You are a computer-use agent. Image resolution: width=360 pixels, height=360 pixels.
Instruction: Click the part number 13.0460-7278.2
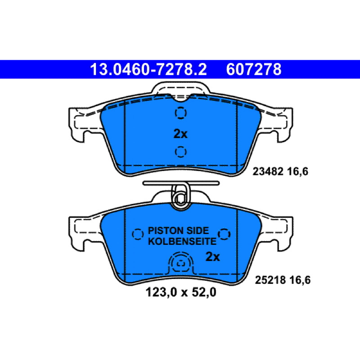[x=148, y=69]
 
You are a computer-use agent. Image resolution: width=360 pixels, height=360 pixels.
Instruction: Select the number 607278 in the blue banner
[x=254, y=69]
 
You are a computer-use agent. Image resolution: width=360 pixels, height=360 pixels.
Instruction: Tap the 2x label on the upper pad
[x=180, y=134]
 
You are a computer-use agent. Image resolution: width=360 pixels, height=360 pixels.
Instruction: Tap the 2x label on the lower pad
[x=212, y=256]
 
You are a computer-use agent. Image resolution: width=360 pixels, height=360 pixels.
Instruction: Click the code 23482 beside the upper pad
[x=268, y=171]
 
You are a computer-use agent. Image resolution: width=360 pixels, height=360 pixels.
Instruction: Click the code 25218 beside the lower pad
[x=270, y=280]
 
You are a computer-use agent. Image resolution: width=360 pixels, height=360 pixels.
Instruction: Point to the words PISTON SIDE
[x=178, y=230]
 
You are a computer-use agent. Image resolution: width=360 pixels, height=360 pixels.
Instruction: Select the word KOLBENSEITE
[x=182, y=241]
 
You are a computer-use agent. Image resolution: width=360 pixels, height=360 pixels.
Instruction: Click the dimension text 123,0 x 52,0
[x=181, y=292]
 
